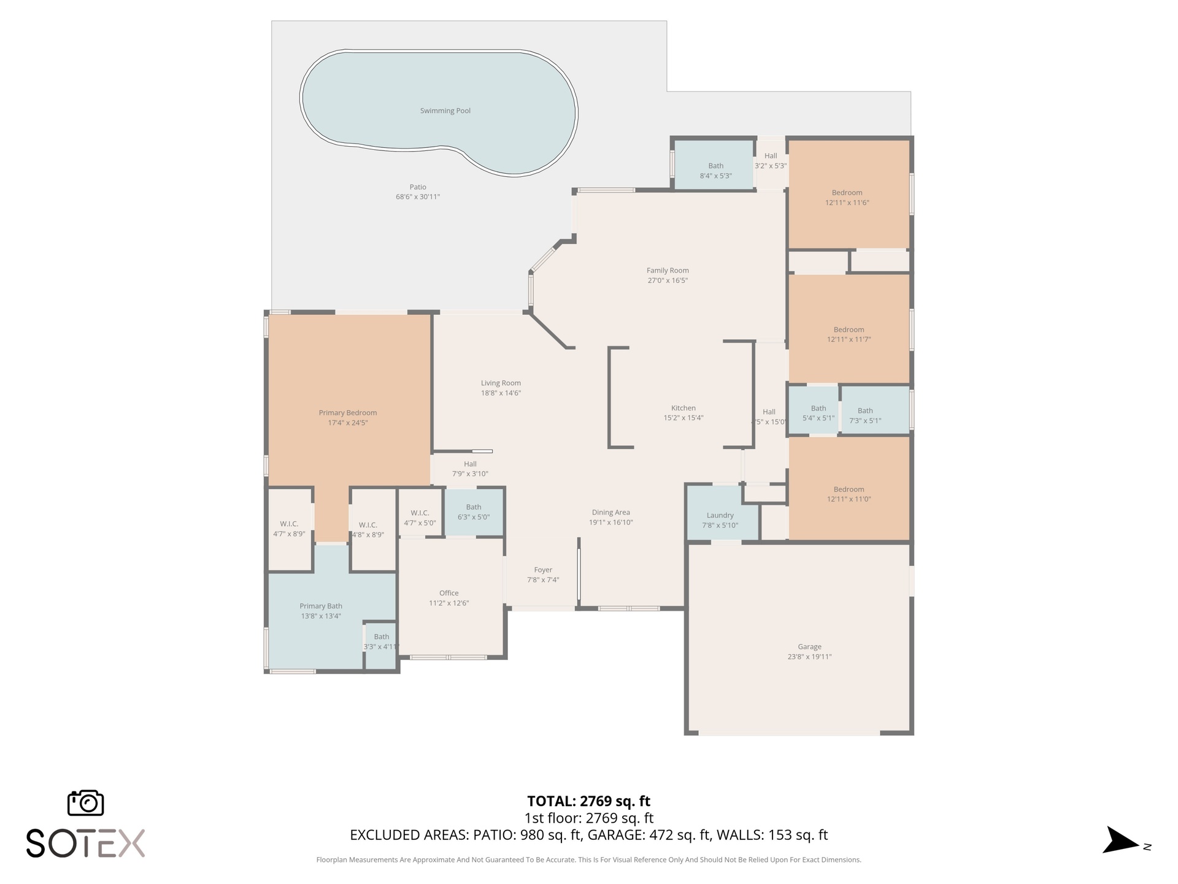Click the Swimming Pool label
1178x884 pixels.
[445, 111]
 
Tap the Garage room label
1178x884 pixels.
[809, 646]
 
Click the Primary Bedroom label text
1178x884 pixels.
[348, 413]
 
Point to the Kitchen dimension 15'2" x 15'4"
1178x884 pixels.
[683, 418]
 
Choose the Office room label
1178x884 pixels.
[448, 593]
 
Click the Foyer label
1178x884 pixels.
[543, 570]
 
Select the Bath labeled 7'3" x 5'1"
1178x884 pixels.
[865, 411]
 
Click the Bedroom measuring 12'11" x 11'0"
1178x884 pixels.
[849, 489]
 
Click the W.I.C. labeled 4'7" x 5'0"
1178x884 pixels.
[420, 513]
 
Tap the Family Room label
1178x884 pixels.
[668, 271]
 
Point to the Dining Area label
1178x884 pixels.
[610, 513]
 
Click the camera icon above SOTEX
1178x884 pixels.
[85, 803]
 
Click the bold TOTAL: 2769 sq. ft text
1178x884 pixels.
[588, 801]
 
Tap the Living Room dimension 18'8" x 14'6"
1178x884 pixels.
[501, 394]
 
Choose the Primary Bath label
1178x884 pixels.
[321, 607]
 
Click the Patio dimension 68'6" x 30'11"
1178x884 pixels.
[418, 197]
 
